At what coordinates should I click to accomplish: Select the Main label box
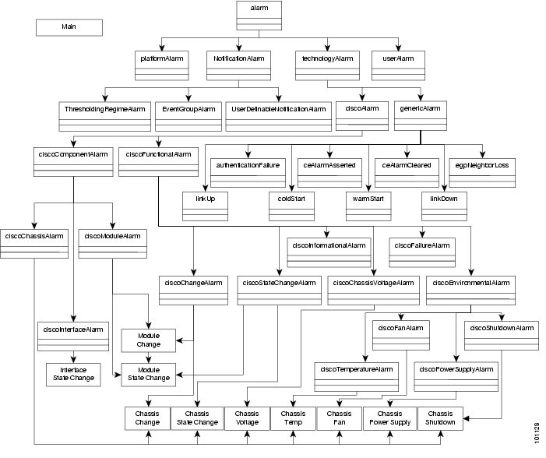(x=69, y=26)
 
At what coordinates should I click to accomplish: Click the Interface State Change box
(x=71, y=373)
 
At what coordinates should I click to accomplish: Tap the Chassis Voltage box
(x=247, y=417)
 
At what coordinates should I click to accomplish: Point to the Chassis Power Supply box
(x=388, y=417)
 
